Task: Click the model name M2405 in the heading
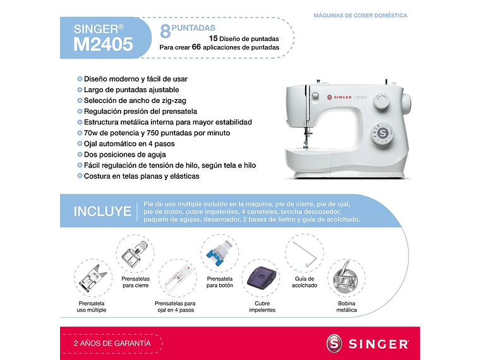tap(103, 44)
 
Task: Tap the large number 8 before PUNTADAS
tap(165, 30)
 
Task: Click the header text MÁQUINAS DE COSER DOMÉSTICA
tap(360, 15)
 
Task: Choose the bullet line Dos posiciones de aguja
tap(124, 154)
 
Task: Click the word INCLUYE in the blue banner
tap(102, 212)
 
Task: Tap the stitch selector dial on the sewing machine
tap(381, 133)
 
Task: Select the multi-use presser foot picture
tap(93, 279)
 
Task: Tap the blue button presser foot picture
tap(219, 254)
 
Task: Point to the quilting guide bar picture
tap(305, 253)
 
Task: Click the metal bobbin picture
tap(346, 279)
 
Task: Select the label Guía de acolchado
tap(306, 282)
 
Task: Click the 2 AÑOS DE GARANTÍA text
tap(112, 343)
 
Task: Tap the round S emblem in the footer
tap(335, 344)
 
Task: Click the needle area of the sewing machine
tap(308, 133)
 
